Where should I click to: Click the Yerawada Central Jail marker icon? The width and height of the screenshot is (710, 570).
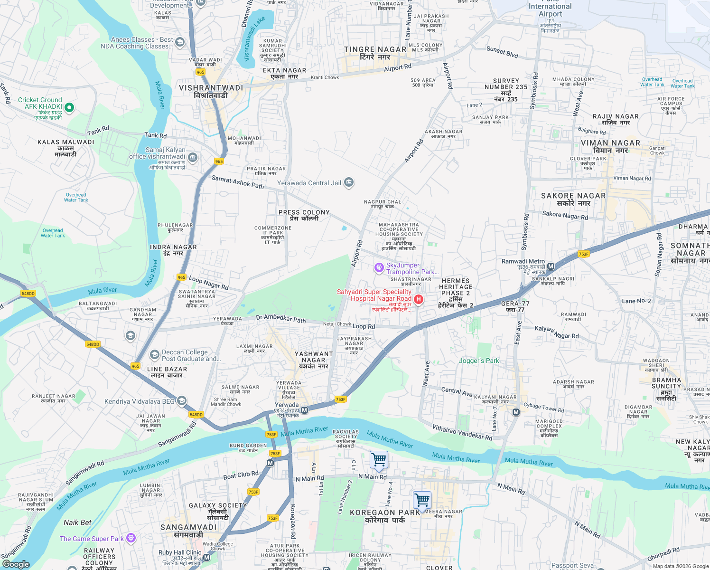click(x=349, y=182)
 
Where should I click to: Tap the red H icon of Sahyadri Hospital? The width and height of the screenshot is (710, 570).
click(x=418, y=299)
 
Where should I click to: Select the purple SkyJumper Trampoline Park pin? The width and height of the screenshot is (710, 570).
click(x=379, y=268)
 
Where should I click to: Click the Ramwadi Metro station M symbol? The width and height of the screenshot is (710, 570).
click(x=551, y=266)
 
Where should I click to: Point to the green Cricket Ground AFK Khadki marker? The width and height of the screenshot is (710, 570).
click(x=69, y=107)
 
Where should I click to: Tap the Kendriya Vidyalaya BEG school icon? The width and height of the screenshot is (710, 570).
click(x=182, y=401)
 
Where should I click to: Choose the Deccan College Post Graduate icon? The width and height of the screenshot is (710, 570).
click(x=154, y=354)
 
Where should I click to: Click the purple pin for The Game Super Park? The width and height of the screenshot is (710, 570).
click(x=131, y=538)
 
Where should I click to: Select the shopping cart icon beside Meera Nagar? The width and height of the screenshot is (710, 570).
click(x=422, y=500)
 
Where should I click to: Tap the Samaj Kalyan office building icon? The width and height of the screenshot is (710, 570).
click(x=192, y=157)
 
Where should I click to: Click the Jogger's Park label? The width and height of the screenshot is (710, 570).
click(x=479, y=361)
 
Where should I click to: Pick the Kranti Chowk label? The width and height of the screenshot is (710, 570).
click(x=325, y=77)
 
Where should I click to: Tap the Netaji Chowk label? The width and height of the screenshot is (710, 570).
click(x=337, y=324)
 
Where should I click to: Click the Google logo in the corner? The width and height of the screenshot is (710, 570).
click(x=16, y=564)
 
